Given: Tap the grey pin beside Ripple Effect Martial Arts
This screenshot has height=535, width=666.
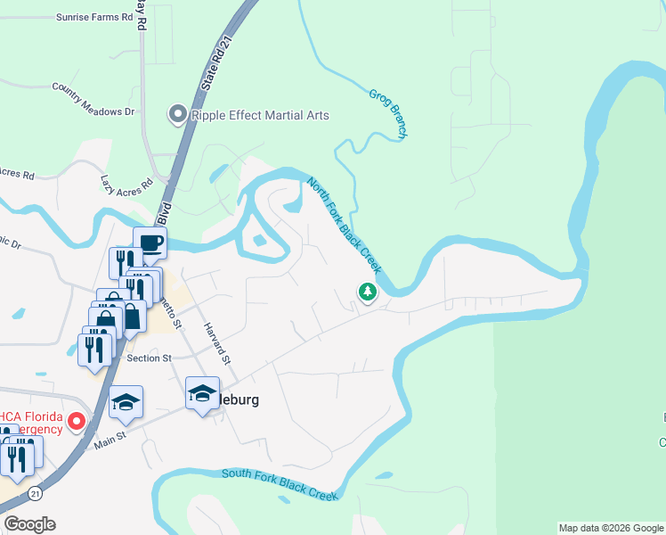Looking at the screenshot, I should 176,114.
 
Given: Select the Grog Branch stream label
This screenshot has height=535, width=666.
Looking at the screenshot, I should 388,111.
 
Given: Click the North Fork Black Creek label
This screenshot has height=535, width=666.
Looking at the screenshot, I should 345,226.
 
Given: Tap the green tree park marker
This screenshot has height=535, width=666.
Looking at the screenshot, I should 367,292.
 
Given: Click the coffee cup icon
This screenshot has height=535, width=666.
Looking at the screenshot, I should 150,242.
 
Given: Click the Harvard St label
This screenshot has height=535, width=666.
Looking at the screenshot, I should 218,343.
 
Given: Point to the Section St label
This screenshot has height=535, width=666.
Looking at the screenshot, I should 149,358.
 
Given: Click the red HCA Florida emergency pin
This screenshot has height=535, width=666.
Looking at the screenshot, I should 77,421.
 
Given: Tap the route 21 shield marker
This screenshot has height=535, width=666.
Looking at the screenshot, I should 34,493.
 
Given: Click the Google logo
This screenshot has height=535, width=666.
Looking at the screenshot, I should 29,524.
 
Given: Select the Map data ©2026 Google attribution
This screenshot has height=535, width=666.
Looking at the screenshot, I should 610,528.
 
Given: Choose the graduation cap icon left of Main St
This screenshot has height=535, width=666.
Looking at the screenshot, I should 126,401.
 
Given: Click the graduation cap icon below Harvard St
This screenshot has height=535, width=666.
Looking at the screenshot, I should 202,393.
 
